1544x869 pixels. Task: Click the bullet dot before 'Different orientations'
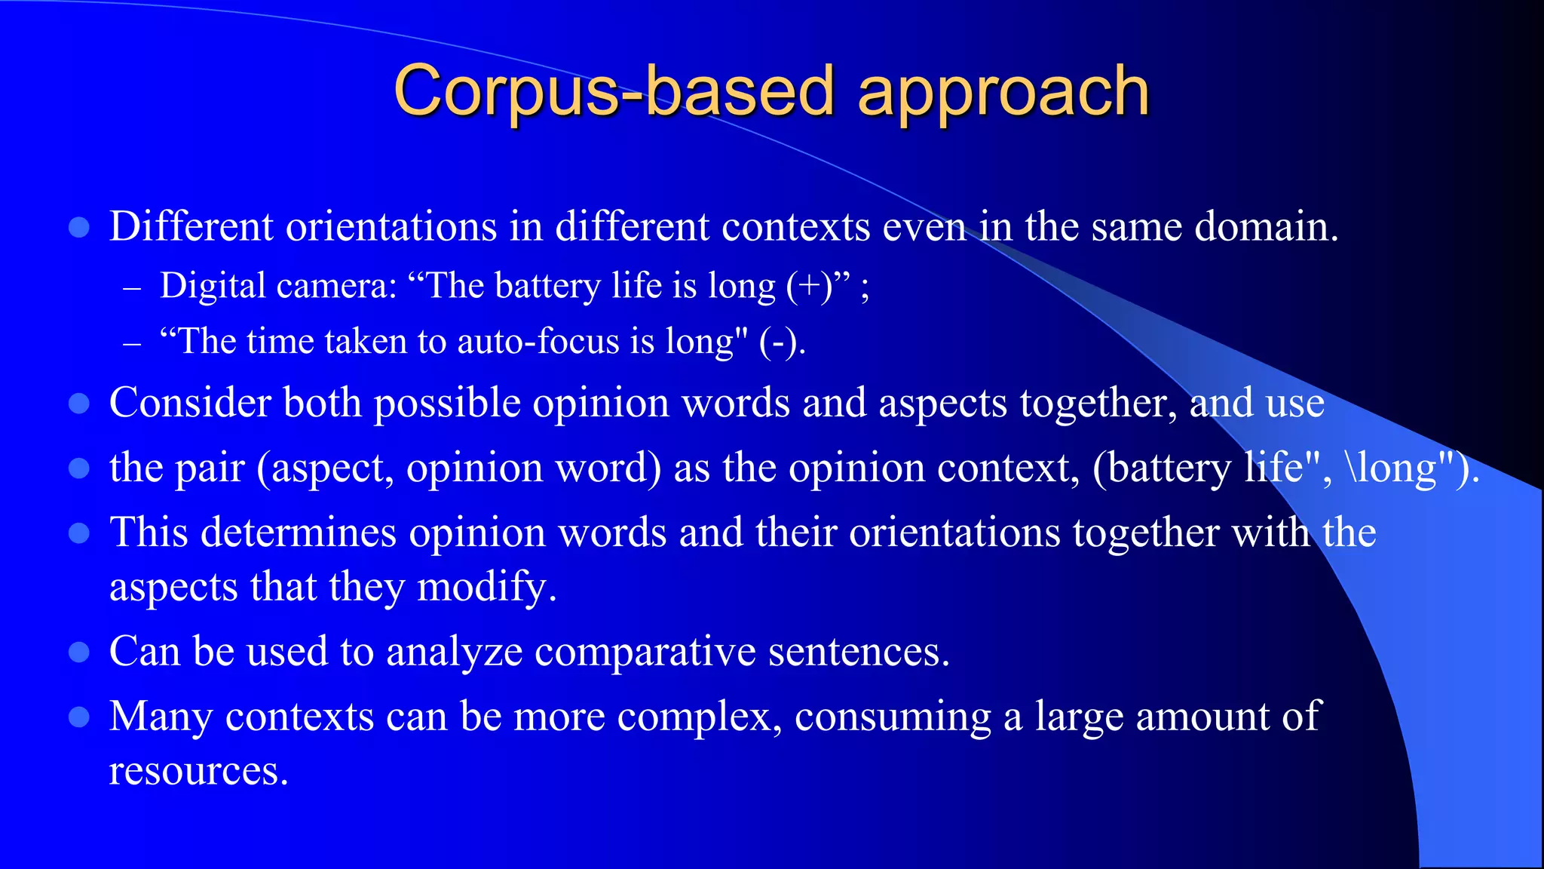(79, 227)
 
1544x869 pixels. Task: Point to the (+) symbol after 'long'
(809, 287)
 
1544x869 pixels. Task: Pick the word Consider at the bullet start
(190, 403)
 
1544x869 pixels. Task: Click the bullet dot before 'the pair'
(79, 468)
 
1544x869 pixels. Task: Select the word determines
(298, 533)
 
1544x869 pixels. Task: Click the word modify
(487, 587)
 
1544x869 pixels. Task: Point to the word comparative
(645, 651)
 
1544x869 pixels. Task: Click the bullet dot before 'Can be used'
(79, 652)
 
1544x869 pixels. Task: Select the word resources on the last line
(198, 771)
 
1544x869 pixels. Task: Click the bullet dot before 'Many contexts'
(79, 717)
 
